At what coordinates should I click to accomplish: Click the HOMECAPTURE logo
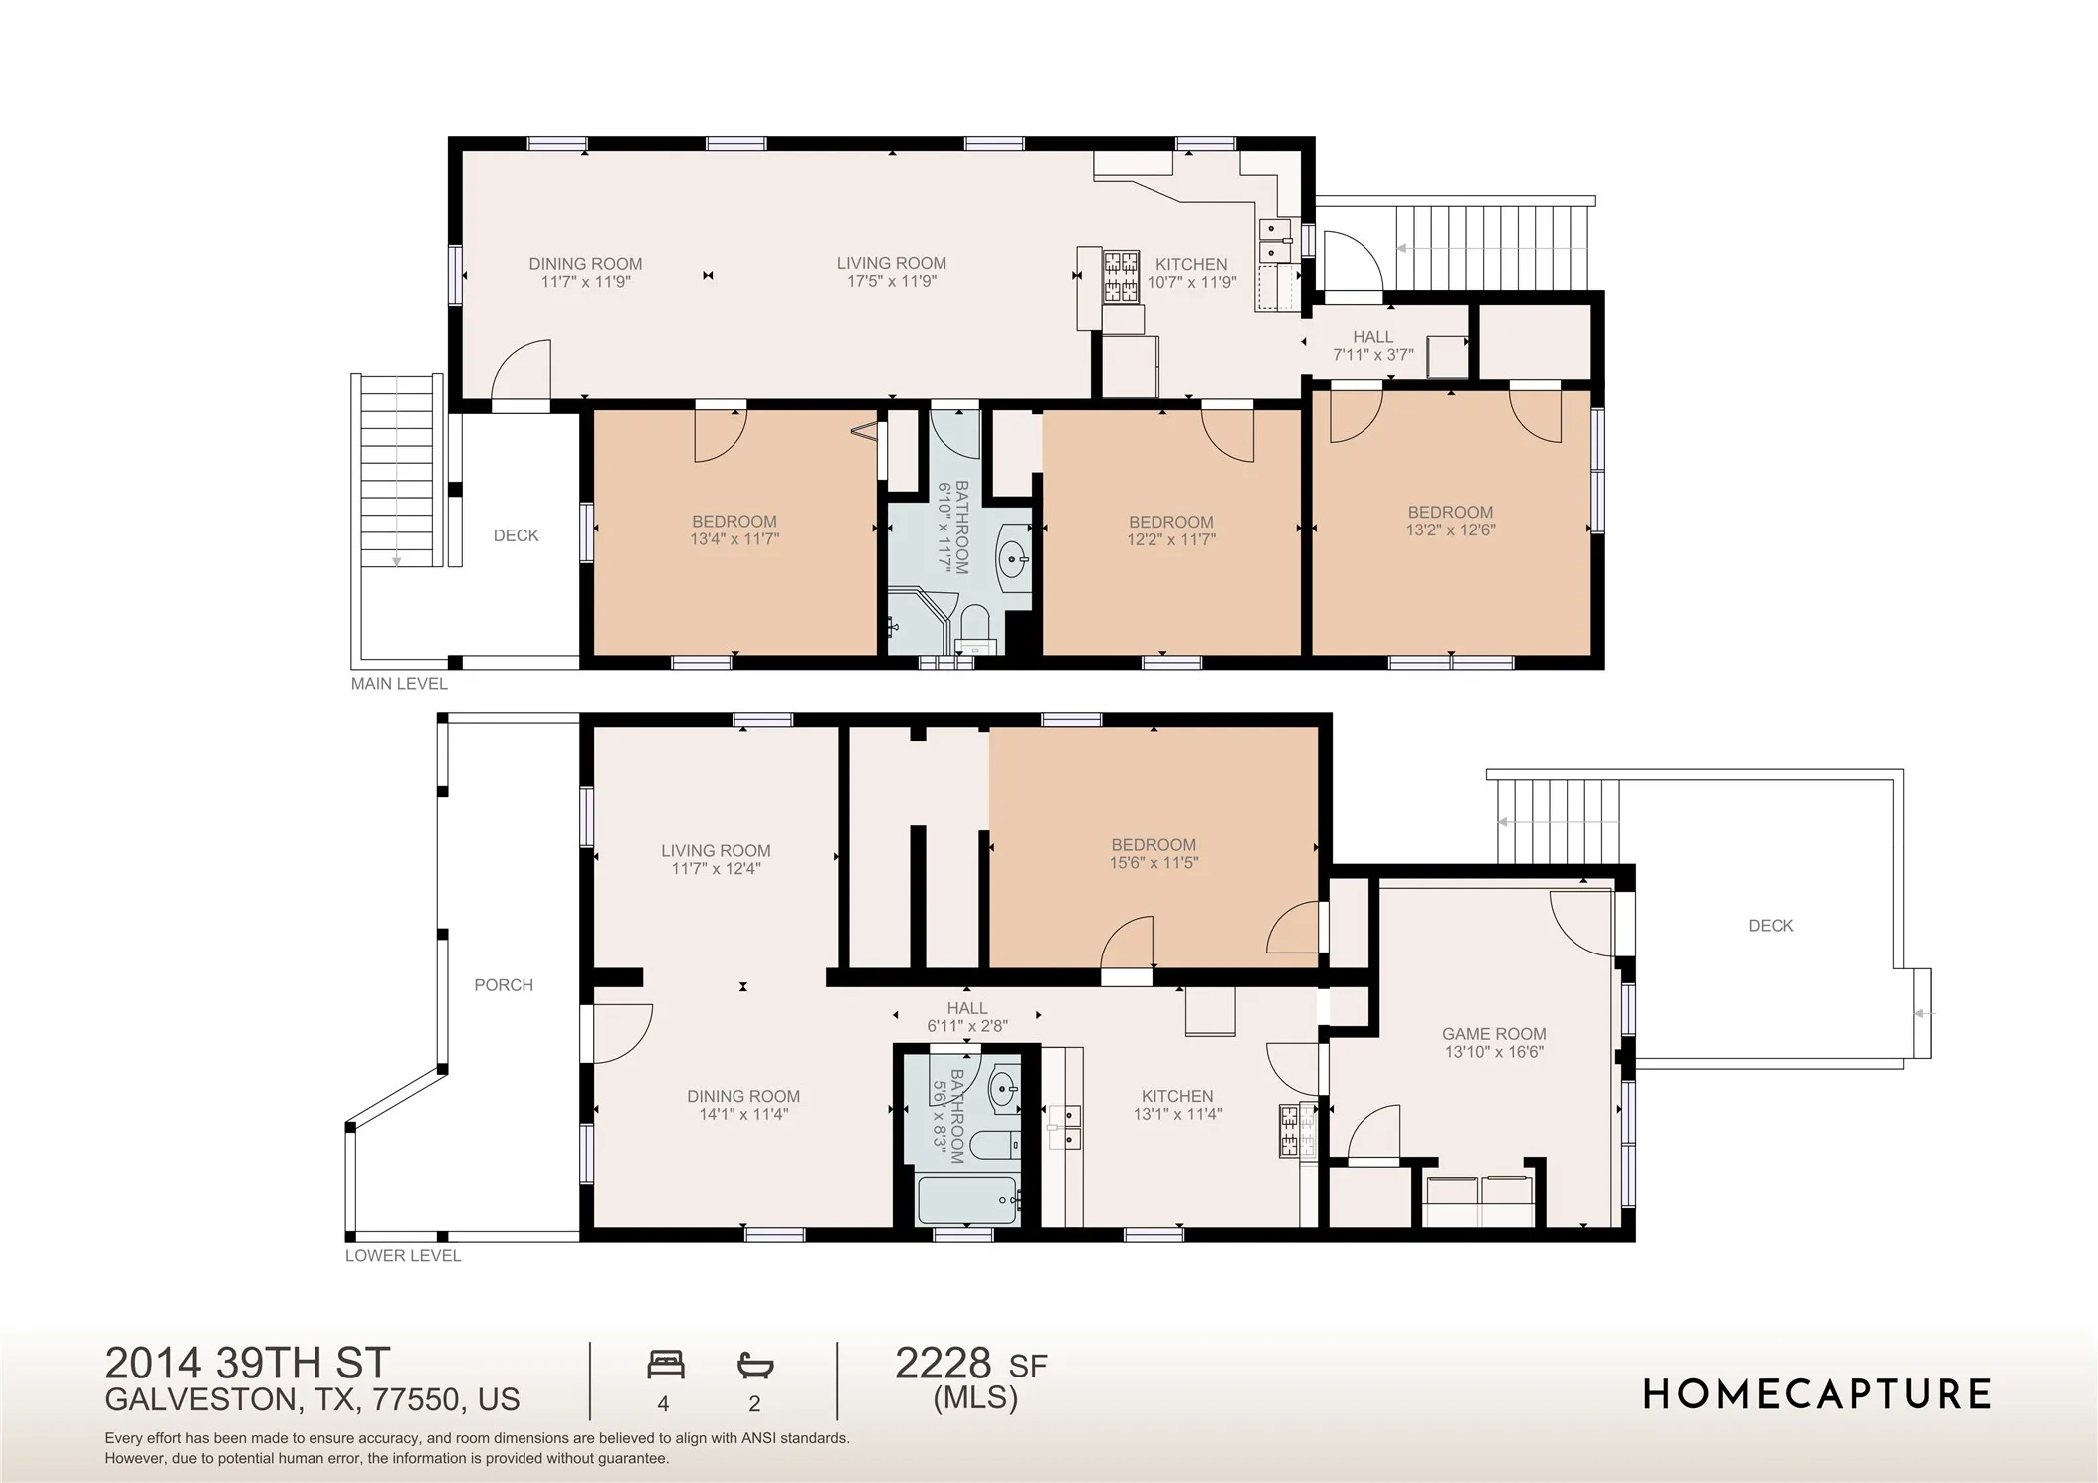coord(1816,1394)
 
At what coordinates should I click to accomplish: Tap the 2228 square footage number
coord(944,1363)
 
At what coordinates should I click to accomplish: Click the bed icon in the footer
coord(666,1364)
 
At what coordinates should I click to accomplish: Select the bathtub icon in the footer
coord(755,1364)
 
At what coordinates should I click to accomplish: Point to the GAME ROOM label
coord(1494,1034)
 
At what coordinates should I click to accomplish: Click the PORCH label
coord(504,985)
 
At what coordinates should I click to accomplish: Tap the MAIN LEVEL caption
coord(399,684)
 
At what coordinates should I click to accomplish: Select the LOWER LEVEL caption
coord(403,1256)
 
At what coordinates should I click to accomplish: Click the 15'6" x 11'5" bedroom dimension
coord(1154,863)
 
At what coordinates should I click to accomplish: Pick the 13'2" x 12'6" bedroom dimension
coord(1450,530)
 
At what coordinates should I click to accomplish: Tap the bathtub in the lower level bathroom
coord(967,1201)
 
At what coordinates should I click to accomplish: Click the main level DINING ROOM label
coord(585,264)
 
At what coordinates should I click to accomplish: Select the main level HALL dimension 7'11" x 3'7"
coord(1373,355)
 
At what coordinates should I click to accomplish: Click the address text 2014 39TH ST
coord(248,1362)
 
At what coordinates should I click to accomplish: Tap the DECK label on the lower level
coord(1771,926)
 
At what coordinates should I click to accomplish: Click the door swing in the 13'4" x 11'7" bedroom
coord(720,436)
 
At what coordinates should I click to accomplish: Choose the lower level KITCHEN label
coord(1177,1096)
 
